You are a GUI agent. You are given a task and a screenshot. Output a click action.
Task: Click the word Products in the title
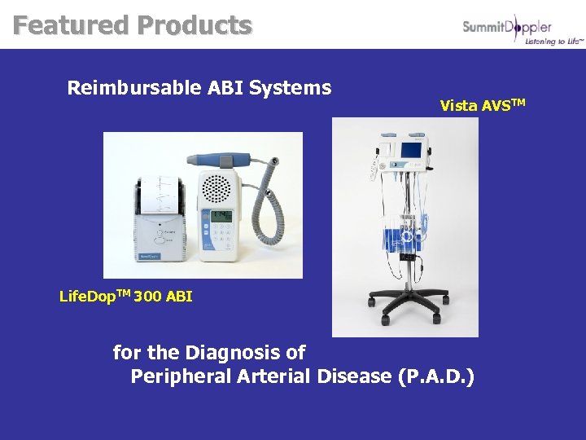194,25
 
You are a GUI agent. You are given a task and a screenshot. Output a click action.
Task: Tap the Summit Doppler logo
506,28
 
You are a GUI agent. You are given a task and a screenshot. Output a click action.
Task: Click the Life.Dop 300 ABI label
126,296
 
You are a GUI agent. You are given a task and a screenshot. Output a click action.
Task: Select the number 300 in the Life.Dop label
147,297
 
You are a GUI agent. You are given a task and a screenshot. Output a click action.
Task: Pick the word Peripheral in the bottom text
180,376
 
